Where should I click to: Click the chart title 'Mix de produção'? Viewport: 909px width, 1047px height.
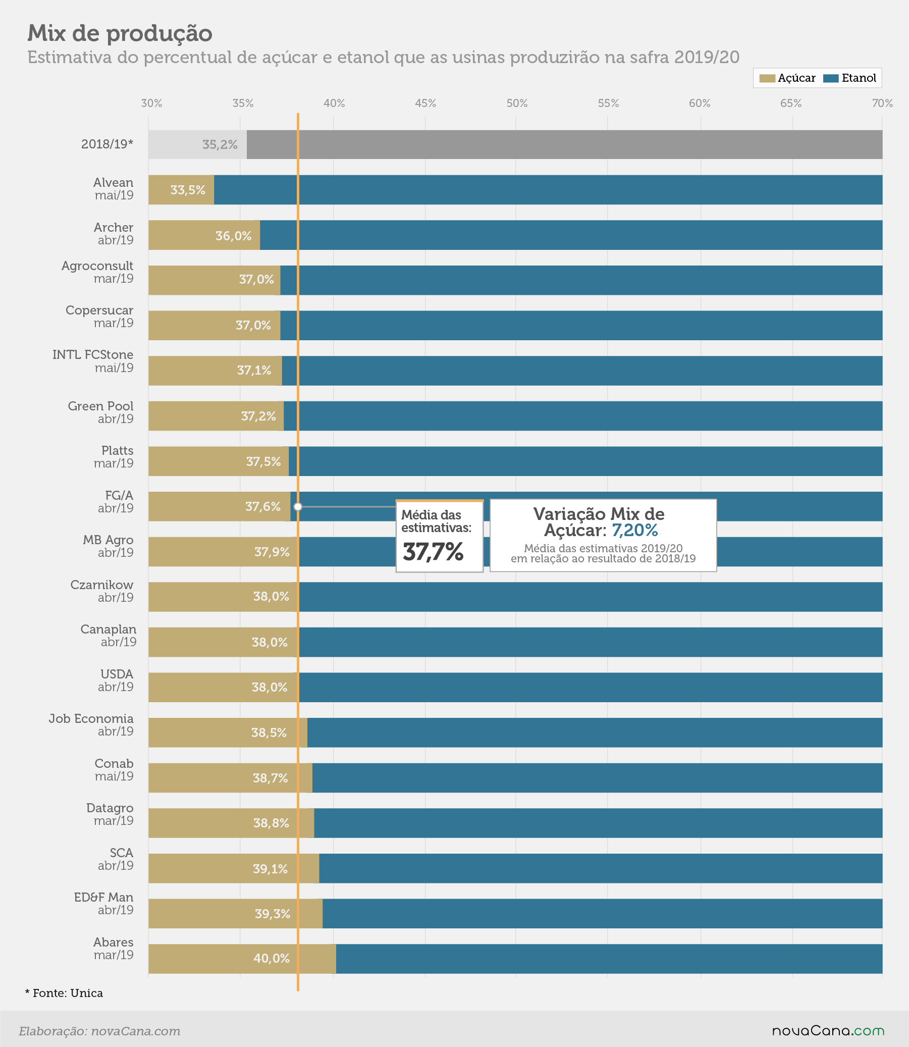(120, 33)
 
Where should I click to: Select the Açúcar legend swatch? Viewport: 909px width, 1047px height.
(767, 78)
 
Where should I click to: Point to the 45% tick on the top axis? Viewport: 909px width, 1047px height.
(425, 103)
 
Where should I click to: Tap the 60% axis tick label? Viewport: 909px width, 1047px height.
(700, 103)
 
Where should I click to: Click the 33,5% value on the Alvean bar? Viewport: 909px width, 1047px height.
(188, 190)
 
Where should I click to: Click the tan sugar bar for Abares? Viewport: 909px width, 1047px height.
(242, 959)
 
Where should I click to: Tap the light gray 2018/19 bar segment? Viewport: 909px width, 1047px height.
(197, 144)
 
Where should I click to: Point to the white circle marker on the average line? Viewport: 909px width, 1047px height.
(298, 506)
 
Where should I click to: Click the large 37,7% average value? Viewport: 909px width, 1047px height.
(433, 552)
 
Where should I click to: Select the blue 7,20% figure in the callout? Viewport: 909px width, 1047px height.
(634, 531)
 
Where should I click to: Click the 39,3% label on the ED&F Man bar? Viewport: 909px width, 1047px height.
(273, 914)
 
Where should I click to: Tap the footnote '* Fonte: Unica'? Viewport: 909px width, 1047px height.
(64, 993)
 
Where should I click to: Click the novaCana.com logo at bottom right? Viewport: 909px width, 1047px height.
(828, 1031)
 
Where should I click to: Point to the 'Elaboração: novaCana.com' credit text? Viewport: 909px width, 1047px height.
(99, 1031)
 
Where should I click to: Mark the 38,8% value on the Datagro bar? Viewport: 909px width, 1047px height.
(271, 823)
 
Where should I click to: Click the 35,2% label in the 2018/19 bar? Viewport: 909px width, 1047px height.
(220, 144)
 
